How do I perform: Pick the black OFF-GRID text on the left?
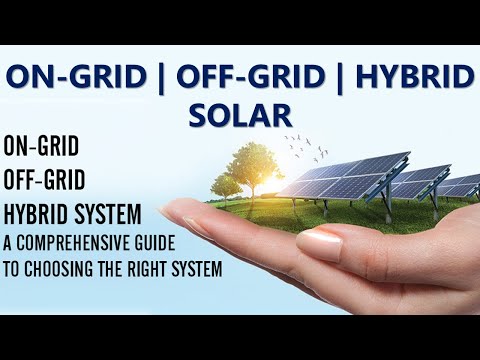tap(46, 179)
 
